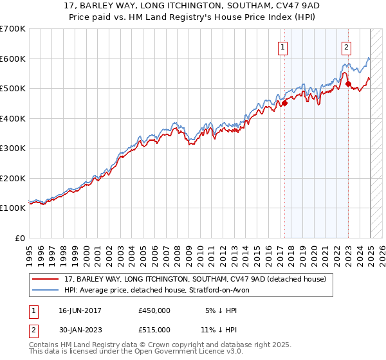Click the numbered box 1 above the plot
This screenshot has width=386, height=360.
point(283,46)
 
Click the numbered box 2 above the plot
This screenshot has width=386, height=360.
point(346,46)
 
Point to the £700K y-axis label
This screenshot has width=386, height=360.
point(13,29)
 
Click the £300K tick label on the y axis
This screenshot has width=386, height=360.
point(13,148)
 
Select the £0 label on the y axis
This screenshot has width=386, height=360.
point(21,238)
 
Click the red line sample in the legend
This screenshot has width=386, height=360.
point(46,279)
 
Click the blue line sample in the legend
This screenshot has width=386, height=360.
point(46,290)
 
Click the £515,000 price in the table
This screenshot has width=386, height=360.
point(154,330)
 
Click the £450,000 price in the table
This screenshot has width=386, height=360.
point(154,310)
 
